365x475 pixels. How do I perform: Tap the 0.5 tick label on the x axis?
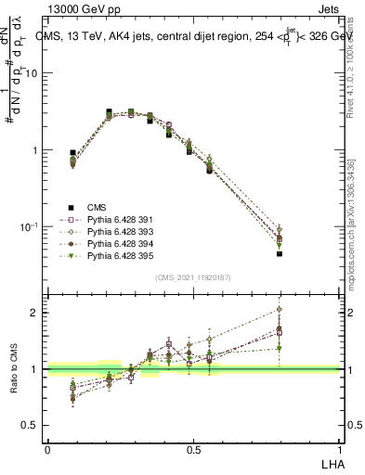point(193,449)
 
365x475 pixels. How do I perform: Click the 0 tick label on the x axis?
point(47,449)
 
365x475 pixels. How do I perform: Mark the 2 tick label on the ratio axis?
point(35,313)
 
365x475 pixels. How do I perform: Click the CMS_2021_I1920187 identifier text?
point(192,277)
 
